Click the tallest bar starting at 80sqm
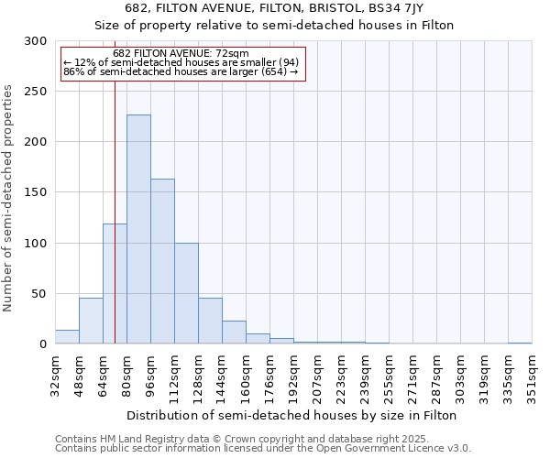pos(138,229)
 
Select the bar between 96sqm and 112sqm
pos(162,261)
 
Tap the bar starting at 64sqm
pos(115,284)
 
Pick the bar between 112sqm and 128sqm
pos(186,293)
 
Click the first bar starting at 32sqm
pos(67,337)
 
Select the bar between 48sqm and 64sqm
pos(91,321)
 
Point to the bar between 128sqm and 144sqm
pos(210,321)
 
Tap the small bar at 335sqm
pos(520,343)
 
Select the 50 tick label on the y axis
pos(39,294)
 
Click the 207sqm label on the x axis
pos(317,376)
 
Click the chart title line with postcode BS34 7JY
pos(274,7)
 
